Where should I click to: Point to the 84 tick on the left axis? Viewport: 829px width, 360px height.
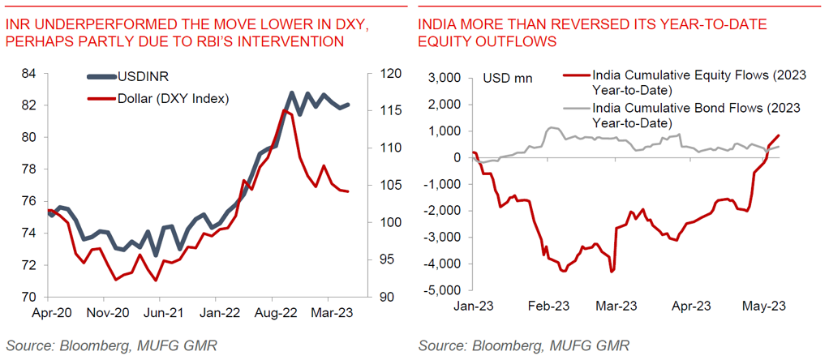[30, 74]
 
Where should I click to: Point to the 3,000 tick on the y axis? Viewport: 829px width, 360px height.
[444, 78]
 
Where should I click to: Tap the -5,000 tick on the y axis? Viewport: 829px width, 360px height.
[442, 290]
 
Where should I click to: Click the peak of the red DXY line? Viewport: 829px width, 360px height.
[284, 109]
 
